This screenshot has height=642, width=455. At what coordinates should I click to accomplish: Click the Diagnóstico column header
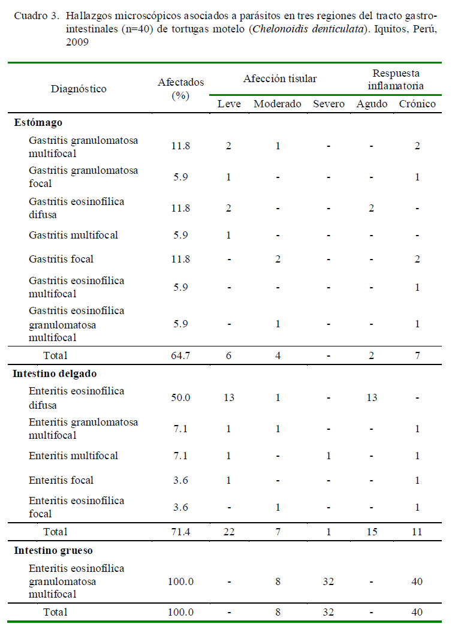pyautogui.click(x=79, y=89)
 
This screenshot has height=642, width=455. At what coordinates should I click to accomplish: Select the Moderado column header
pyautogui.click(x=278, y=104)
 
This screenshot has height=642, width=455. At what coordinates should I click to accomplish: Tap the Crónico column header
pyautogui.click(x=417, y=104)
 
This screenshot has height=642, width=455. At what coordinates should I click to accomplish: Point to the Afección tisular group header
pyautogui.click(x=280, y=79)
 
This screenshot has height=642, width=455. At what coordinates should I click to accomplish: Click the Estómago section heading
pyautogui.click(x=38, y=122)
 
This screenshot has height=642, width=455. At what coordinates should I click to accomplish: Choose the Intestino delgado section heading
pyautogui.click(x=55, y=373)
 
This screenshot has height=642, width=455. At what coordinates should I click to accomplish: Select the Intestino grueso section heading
pyautogui.click(x=53, y=551)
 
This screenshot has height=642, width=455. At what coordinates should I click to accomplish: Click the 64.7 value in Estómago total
pyautogui.click(x=180, y=355)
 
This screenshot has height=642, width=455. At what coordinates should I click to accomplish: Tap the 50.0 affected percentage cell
pyautogui.click(x=180, y=397)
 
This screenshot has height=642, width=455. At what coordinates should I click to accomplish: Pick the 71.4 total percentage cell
pyautogui.click(x=180, y=532)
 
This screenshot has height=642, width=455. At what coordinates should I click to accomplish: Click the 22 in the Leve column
pyautogui.click(x=229, y=532)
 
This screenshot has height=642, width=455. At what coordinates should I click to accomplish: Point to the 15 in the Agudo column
pyautogui.click(x=372, y=532)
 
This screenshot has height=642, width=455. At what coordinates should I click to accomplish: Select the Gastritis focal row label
pyautogui.click(x=61, y=259)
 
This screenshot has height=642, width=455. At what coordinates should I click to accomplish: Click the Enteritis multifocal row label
pyautogui.click(x=73, y=456)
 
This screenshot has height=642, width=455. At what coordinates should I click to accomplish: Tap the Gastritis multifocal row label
pyautogui.click(x=73, y=235)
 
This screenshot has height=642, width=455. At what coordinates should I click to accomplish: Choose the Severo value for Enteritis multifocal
pyautogui.click(x=329, y=456)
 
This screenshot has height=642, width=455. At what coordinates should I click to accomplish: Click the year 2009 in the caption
pyautogui.click(x=77, y=42)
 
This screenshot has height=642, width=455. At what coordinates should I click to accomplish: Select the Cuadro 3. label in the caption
pyautogui.click(x=37, y=16)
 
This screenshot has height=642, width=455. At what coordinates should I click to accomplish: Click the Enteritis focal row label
pyautogui.click(x=61, y=480)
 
